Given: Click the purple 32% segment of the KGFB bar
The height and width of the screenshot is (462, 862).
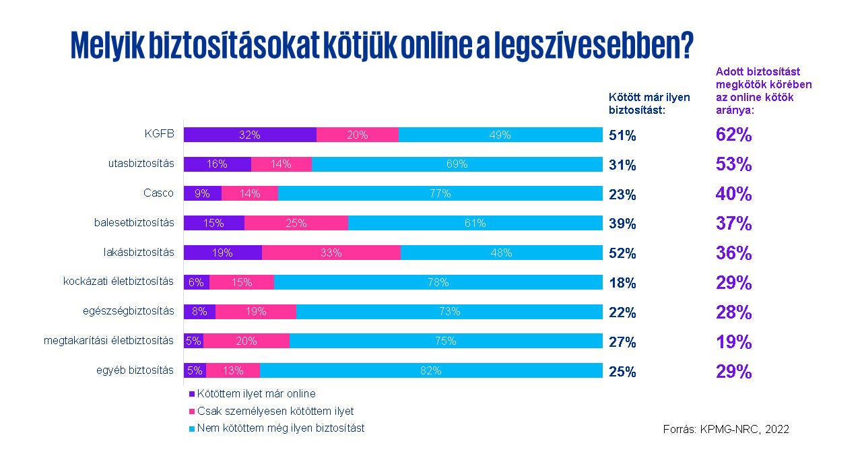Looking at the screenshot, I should [249, 135].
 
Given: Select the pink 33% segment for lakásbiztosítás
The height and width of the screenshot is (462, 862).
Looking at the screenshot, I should [331, 253].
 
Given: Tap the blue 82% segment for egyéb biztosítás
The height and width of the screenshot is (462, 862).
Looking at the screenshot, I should [431, 370].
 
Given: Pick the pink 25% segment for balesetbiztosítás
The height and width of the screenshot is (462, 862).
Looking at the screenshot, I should [296, 223].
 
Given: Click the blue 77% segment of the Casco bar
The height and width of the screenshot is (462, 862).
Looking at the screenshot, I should [440, 193].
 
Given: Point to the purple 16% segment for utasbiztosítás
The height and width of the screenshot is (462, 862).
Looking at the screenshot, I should [217, 164].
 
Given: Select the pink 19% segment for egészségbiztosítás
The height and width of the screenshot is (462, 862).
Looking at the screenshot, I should [256, 311].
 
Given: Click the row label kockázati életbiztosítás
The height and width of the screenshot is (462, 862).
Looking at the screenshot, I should [119, 281].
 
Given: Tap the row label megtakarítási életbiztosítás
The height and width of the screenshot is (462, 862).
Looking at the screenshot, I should [109, 340].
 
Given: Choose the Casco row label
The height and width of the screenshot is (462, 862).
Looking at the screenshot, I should [158, 193].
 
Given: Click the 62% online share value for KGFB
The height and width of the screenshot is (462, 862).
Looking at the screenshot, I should [733, 135].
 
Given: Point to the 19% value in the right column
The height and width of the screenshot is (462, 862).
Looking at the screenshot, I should [733, 342].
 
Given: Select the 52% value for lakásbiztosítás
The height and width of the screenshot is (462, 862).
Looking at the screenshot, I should [622, 253].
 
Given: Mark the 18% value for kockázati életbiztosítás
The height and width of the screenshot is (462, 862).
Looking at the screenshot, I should [622, 283].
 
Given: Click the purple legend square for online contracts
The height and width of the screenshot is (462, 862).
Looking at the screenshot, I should [191, 394].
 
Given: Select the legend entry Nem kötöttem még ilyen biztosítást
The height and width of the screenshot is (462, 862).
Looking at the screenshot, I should [280, 428].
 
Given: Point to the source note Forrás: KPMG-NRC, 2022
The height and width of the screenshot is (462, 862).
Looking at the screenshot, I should [726, 429].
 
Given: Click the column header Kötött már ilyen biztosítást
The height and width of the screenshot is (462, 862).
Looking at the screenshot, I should [640, 104].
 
